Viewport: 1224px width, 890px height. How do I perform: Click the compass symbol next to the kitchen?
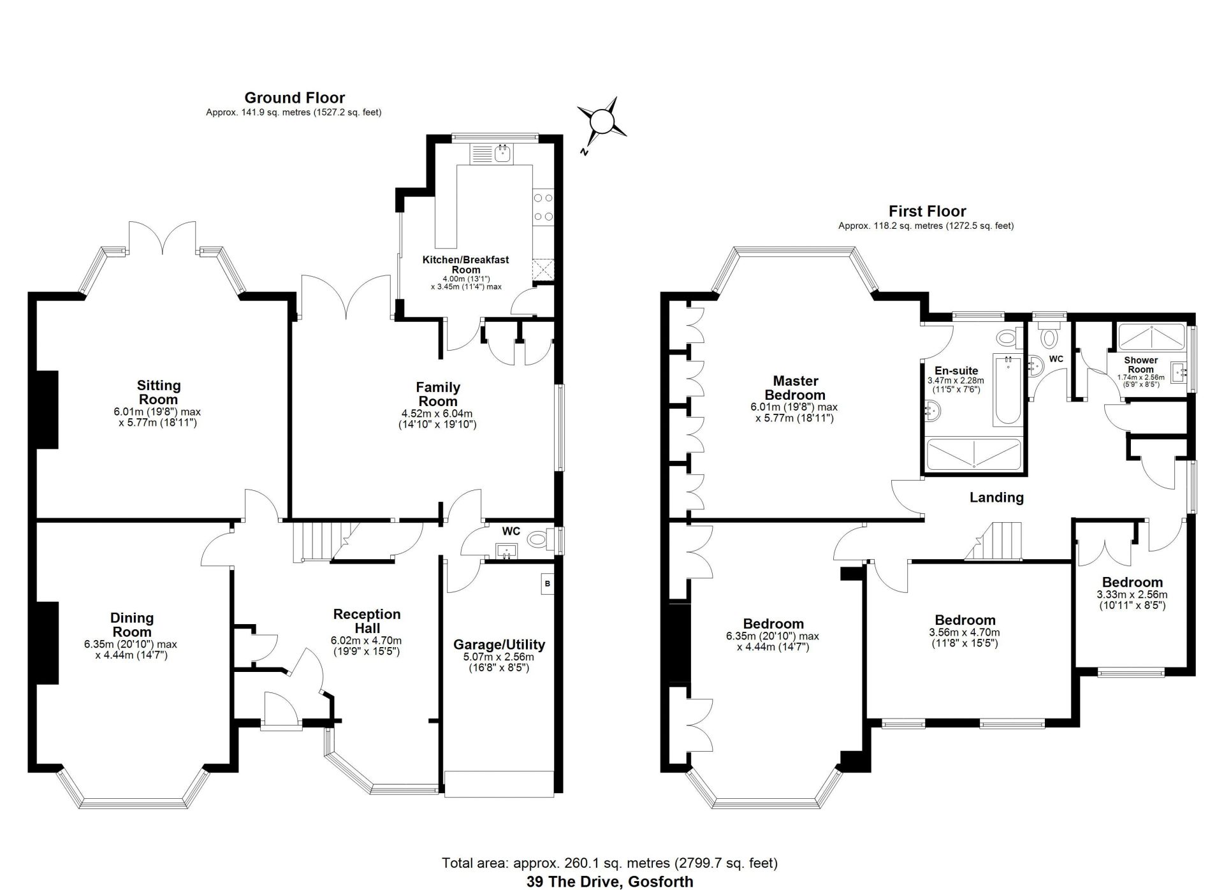point(601,121)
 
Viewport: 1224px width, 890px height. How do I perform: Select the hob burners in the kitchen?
point(543,207)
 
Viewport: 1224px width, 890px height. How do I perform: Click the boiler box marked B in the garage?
point(546,584)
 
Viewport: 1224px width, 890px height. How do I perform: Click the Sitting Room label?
point(159,392)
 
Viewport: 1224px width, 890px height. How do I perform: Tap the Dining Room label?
point(132,625)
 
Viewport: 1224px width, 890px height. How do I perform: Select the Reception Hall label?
point(367,621)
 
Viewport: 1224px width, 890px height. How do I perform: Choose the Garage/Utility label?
point(499,645)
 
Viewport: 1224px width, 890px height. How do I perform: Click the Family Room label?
point(438,394)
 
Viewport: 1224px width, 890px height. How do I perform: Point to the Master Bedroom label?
point(795,388)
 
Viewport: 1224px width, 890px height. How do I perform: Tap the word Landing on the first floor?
point(996,498)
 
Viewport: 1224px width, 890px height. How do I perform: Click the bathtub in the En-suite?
point(1007,390)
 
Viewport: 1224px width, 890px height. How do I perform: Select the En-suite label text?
point(956,371)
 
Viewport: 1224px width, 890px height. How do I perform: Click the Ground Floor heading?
point(295,98)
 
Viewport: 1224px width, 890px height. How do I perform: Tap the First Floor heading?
point(928,211)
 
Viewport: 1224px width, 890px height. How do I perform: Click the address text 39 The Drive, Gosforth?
point(609,882)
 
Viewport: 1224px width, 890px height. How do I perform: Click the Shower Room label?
point(1140,365)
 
